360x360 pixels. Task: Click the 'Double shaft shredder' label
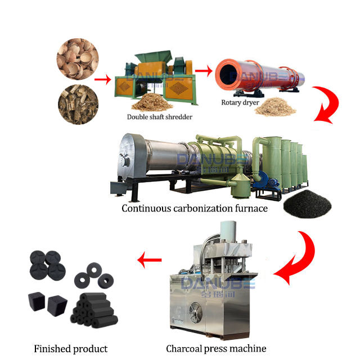click(x=159, y=117)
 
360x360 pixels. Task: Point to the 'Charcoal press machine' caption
click(x=216, y=349)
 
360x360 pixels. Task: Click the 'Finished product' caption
click(x=71, y=349)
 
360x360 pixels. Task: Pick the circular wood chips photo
click(x=77, y=103)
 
